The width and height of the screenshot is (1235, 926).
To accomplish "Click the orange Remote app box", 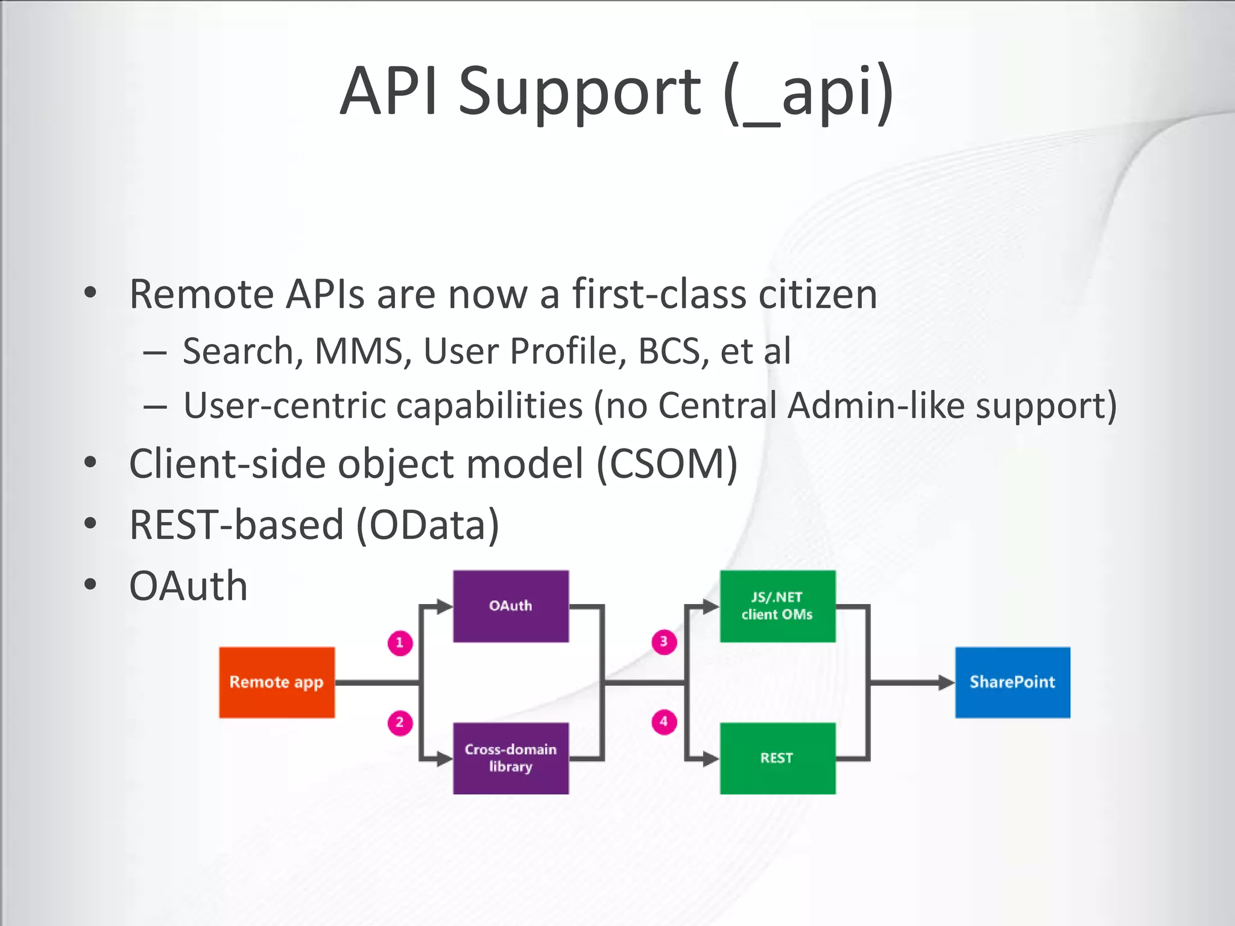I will (277, 682).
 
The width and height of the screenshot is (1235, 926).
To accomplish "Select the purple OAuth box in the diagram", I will (511, 606).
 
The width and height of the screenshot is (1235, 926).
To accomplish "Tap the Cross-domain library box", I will (511, 758).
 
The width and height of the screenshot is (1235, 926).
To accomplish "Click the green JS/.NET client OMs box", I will (777, 606).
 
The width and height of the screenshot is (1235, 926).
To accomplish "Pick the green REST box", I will (777, 758).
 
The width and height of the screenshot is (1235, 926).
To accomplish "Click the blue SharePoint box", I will (1012, 682).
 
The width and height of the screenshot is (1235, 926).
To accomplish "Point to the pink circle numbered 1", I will (400, 643).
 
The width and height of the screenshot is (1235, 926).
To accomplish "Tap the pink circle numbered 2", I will (400, 722).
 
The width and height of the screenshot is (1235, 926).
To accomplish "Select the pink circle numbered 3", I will (664, 641).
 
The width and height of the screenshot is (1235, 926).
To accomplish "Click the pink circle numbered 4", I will (664, 722).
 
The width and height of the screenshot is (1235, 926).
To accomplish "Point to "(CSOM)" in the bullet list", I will (667, 464).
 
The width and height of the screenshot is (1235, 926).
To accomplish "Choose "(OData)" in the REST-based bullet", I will (428, 525).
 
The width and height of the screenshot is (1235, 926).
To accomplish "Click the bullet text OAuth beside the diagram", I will (188, 586).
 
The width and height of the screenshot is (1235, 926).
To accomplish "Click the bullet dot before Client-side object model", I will (90, 463).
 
